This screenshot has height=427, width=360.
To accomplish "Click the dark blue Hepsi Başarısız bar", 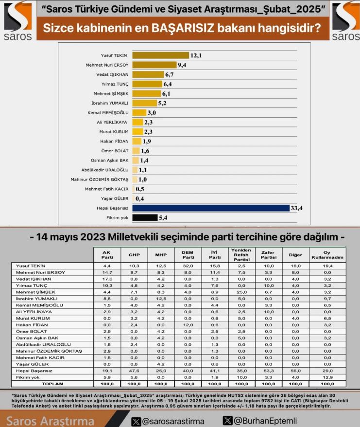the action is click(211, 208).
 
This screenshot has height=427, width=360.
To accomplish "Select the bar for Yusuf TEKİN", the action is click(160, 55).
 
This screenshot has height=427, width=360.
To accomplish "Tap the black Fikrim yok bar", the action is click(145, 217).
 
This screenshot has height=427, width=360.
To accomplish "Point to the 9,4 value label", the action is click(182, 65).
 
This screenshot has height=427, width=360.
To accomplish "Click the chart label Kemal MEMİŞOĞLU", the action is click(108, 112).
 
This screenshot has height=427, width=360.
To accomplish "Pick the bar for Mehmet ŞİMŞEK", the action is click(147, 93).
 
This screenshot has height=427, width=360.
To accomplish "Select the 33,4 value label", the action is click(296, 208).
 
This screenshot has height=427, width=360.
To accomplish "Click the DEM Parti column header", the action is click(188, 255).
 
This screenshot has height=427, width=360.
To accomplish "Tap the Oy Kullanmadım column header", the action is click(327, 255).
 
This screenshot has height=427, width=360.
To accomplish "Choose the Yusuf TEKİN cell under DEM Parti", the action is click(188, 266).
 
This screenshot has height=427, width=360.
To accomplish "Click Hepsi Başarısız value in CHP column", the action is click(134, 371).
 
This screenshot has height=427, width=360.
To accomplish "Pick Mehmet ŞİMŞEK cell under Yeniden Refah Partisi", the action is click(241, 292).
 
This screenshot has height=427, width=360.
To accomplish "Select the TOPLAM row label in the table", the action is click(52, 384).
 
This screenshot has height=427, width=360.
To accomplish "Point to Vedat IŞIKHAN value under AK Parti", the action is click(107, 279).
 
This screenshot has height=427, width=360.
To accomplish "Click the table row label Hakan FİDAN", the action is click(32, 325).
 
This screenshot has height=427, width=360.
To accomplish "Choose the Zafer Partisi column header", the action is click(269, 255).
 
